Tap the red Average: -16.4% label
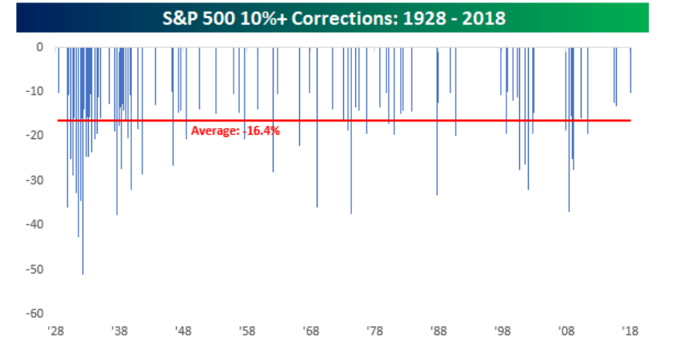tap(235, 130)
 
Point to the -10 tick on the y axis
tap(34, 91)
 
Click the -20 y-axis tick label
tap(34, 136)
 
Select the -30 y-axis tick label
tap(34, 180)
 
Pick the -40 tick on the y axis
tap(34, 225)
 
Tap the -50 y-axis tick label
tap(34, 270)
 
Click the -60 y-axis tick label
tap(34, 314)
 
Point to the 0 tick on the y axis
tap(38, 47)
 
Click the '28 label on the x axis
tap(56, 330)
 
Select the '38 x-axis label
tap(120, 330)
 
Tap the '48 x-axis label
tap(183, 330)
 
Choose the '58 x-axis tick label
tap(247, 330)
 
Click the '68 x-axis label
tap(311, 330)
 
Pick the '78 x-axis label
tap(374, 330)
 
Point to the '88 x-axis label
tap(438, 330)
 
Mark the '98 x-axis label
tap(502, 330)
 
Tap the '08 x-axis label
tap(566, 330)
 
